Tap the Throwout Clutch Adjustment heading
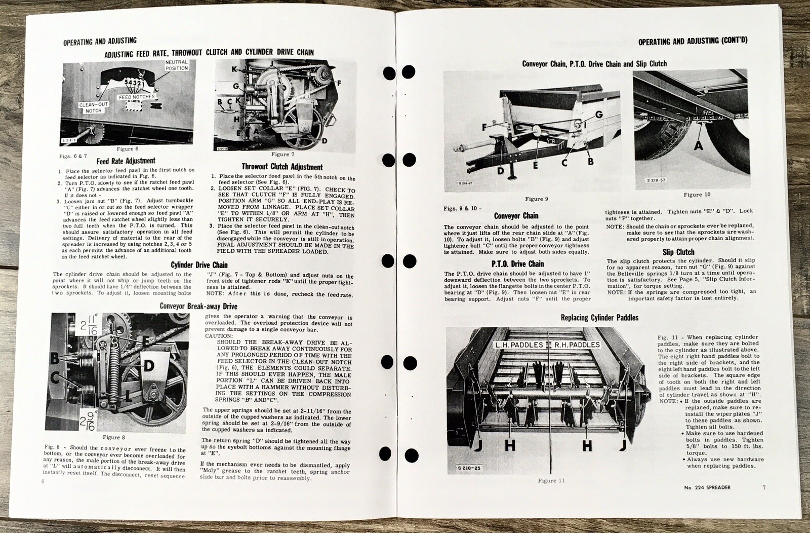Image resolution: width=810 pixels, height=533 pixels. pos(282,167)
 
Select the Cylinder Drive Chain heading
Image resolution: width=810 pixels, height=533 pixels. pos(199,265)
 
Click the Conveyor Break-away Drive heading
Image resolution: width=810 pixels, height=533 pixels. pos(198,306)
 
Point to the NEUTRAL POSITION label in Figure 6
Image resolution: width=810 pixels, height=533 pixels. pos(177,65)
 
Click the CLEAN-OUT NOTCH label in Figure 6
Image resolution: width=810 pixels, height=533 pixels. pos(94,107)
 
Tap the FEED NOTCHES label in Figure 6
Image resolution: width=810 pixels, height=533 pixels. pos(137,97)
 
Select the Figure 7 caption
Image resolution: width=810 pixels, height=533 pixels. pos(283,155)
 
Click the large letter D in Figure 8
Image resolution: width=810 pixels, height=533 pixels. pos(148,366)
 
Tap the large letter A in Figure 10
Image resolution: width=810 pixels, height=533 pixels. pos(698,145)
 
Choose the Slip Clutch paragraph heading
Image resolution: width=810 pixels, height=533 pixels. pos(678,252)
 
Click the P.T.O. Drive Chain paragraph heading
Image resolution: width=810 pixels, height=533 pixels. pos(517,263)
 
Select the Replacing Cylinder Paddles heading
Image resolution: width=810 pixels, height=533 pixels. pos(599,318)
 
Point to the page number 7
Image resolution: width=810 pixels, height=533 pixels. pos(764,487)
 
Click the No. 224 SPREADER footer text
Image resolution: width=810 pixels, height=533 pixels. pos(707,487)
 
